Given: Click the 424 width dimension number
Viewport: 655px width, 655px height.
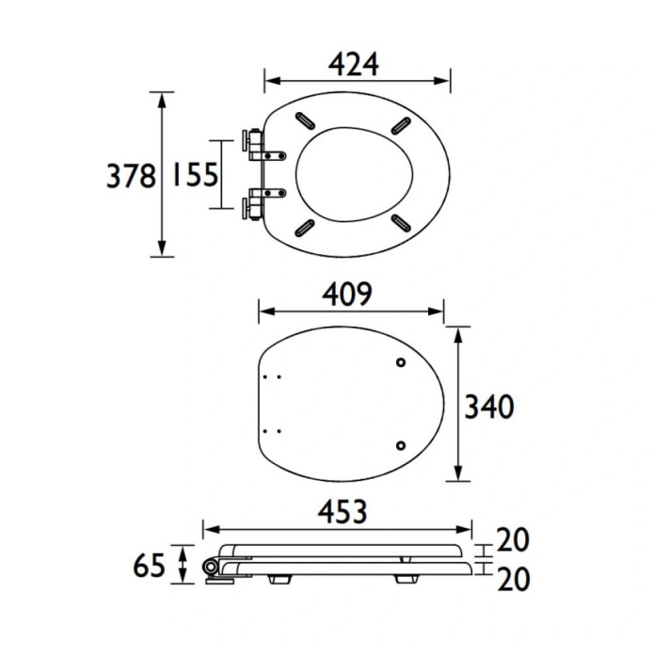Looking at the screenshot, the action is pos(354,65).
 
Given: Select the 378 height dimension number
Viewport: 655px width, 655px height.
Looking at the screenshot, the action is pos(131,176).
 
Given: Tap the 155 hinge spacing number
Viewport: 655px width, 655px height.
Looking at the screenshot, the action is pos(195,174).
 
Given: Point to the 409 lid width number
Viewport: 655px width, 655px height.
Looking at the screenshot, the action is pos(346,294).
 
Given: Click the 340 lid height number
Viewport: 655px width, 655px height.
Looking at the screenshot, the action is pos(489,407).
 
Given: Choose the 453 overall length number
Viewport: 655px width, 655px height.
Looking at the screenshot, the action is pos(343,512).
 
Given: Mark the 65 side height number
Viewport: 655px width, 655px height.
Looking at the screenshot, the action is pos(149,566).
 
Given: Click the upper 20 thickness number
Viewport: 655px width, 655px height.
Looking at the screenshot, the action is pos(513,539).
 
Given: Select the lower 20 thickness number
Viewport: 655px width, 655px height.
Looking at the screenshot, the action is pos(514,579).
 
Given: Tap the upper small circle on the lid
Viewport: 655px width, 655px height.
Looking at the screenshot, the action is pos(401,362).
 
